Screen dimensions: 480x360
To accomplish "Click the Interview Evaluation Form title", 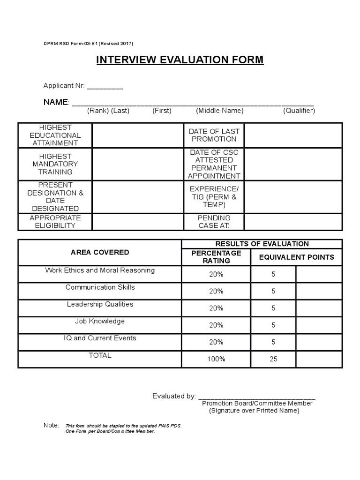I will pos(180,60).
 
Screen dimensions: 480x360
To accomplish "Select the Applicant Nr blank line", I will pos(105,86).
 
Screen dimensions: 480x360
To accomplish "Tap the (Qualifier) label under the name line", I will pos(299,111).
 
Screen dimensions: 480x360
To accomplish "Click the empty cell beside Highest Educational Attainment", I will pos(137,135).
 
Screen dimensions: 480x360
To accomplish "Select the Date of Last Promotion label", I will pos(214,135).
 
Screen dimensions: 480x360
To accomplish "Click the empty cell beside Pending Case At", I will pos(293,222).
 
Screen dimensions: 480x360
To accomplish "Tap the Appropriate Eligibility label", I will pos(55,222).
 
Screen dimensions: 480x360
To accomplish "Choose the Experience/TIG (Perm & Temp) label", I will pos(214,197).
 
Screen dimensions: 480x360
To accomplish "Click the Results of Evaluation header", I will pos(262,244).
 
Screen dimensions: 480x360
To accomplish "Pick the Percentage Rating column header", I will pos(216,257).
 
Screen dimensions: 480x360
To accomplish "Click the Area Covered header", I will pos(100,252).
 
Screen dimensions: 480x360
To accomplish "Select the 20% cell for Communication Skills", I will pos(216,291).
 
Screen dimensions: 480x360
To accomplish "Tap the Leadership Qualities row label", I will pos(100,304).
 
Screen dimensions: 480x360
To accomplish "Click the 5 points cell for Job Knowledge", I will pos(273,325).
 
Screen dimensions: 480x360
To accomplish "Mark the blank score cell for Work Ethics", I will pos(319,274).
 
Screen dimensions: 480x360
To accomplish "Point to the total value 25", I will pos(273,359).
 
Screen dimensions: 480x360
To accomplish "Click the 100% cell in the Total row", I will pos(216,359).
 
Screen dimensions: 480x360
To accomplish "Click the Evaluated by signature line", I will pos(257,396).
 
